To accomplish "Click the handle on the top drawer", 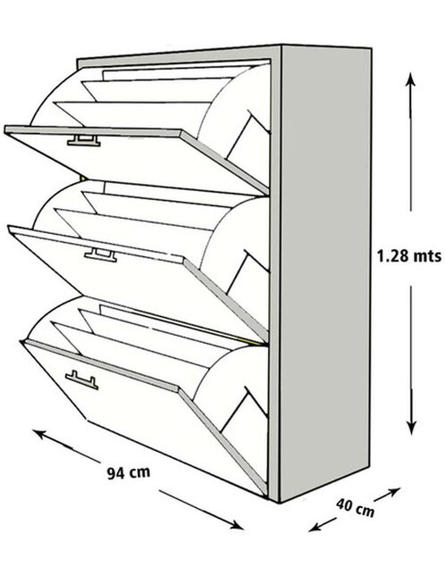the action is (x=84, y=141).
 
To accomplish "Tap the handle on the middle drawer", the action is (x=100, y=254).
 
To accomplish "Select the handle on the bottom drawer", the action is (x=82, y=380).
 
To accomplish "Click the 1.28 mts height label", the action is (x=408, y=255).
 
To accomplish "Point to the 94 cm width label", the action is (x=129, y=472).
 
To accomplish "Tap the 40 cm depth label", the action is (x=356, y=507).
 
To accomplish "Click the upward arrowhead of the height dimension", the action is (x=410, y=78).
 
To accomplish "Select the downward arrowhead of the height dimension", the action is (x=411, y=427).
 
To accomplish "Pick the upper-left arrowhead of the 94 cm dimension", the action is (x=39, y=434).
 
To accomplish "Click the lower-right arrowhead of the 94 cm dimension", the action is (x=236, y=526).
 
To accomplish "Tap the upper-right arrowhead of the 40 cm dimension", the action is (x=394, y=491).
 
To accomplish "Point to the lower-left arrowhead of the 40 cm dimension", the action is (x=315, y=528).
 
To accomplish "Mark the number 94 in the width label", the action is (x=115, y=473).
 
